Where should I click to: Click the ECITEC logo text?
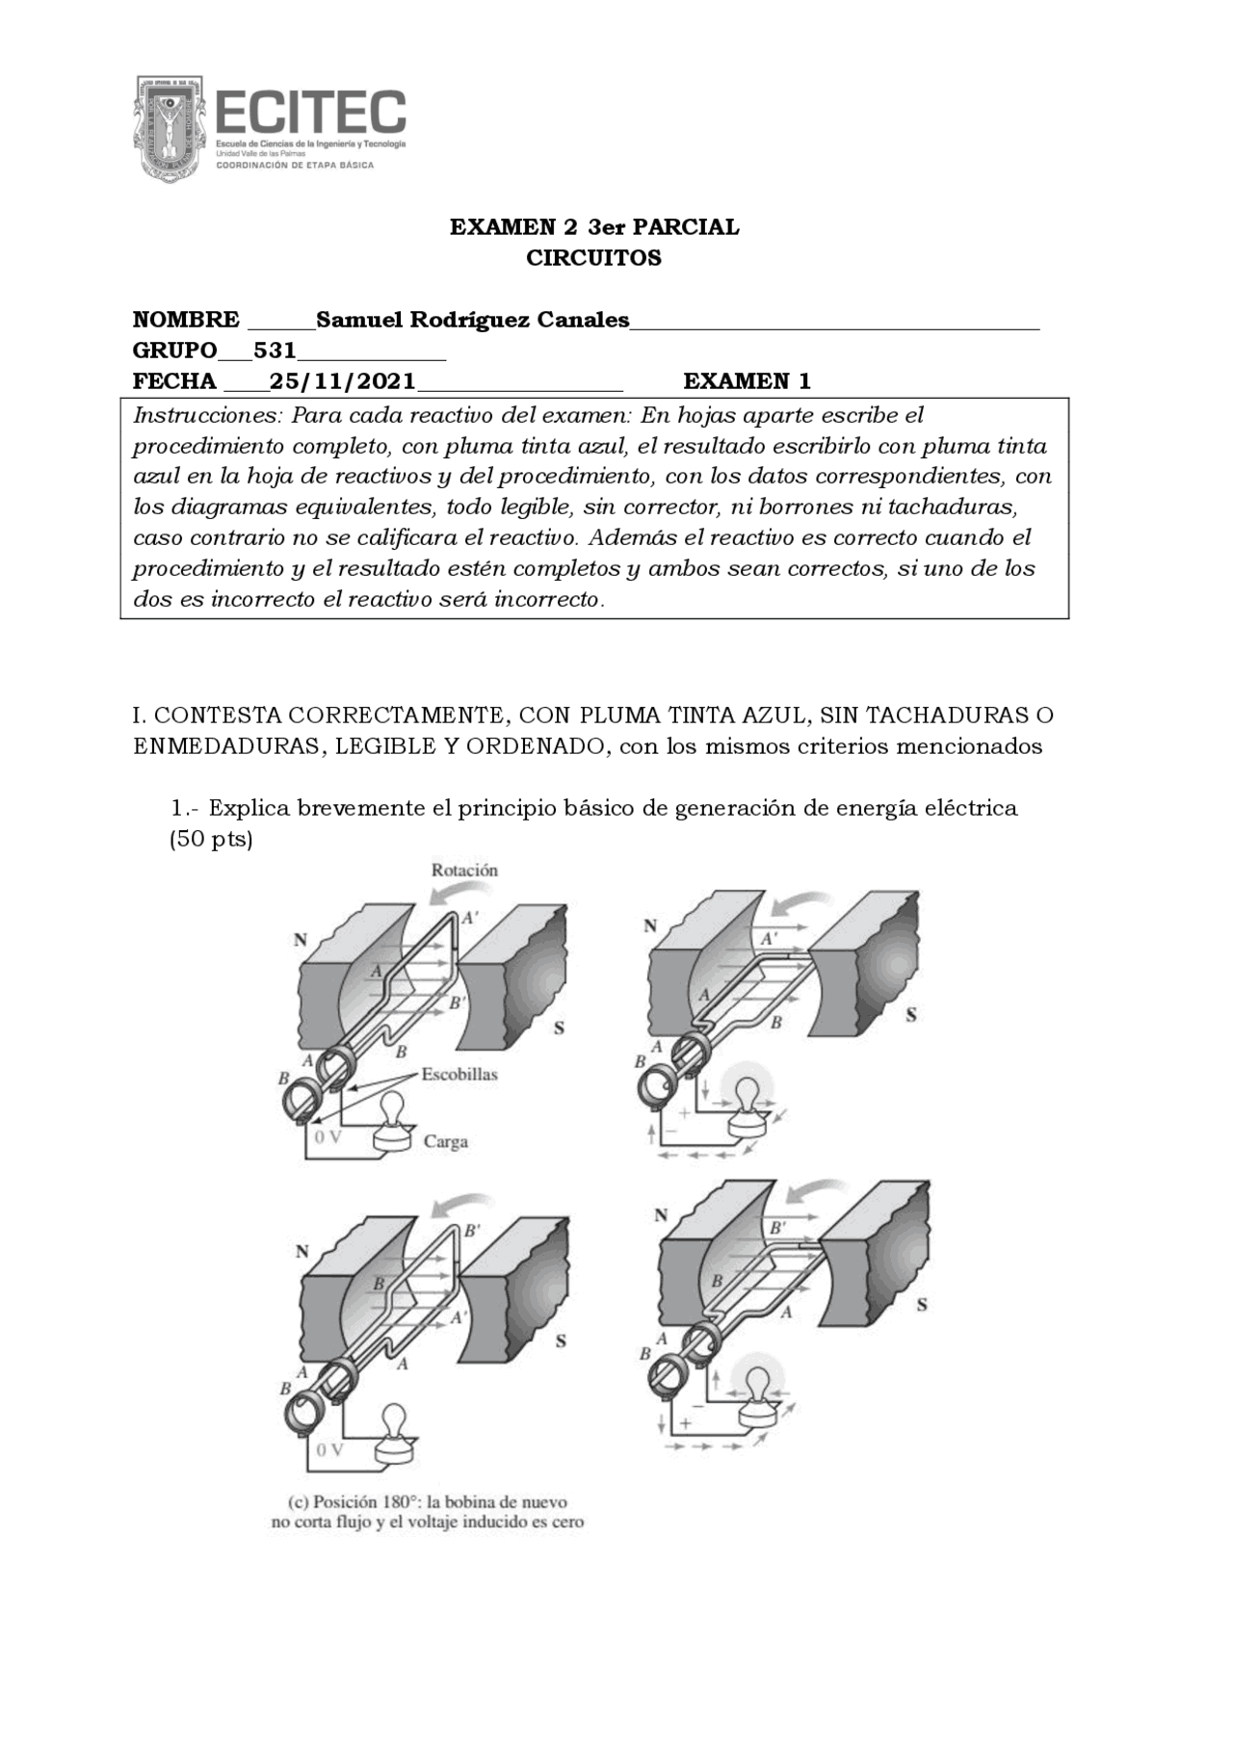click(310, 113)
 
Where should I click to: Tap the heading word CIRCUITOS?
click(593, 258)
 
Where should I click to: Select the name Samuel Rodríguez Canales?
click(472, 320)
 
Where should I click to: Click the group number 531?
click(275, 351)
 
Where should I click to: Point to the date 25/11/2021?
click(342, 381)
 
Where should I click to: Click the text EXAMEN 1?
click(747, 381)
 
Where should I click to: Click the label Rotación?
click(464, 871)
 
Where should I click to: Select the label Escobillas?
click(459, 1074)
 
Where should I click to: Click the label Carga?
click(445, 1142)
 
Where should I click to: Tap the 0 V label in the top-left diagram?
click(328, 1136)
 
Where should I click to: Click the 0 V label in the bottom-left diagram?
click(328, 1449)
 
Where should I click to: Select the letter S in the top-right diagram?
click(911, 1014)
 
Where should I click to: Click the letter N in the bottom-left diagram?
click(302, 1252)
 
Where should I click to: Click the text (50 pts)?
click(211, 839)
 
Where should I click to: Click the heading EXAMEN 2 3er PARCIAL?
click(594, 227)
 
